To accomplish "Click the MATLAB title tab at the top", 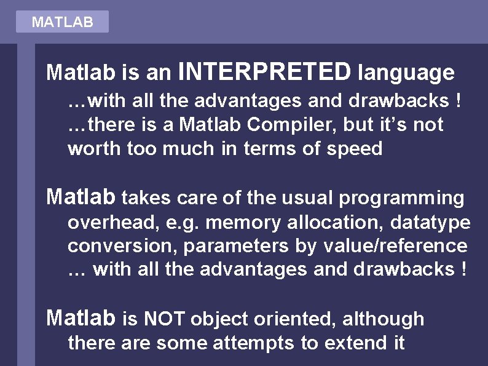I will [62, 22].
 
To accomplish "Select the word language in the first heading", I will [407, 73].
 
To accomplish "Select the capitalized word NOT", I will [165, 319].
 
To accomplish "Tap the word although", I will [383, 319].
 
